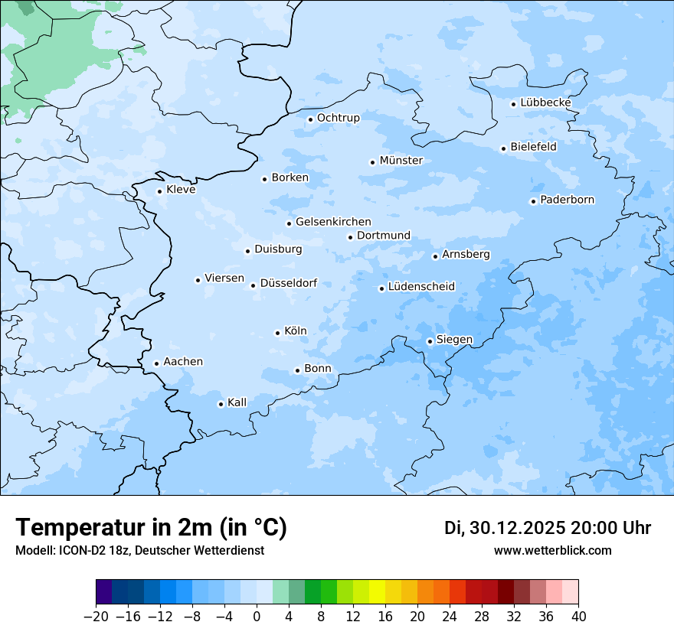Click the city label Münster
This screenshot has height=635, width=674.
point(401,161)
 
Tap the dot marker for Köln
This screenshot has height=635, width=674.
point(277,333)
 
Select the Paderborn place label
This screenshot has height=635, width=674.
point(567,200)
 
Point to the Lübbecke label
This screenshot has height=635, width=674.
point(545,103)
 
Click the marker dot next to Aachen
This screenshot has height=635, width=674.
point(156,363)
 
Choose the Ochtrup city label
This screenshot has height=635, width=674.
point(338,118)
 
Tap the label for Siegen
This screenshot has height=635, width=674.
point(454,340)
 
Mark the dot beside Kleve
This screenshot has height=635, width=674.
point(159,191)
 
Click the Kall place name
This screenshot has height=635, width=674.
point(237,402)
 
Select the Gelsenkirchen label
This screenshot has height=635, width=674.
point(333,222)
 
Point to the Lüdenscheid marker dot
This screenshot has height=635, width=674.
point(381,288)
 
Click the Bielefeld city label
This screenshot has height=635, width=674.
point(533,146)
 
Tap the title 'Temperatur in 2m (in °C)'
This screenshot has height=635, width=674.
point(151,528)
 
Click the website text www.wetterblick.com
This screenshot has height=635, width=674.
point(552,550)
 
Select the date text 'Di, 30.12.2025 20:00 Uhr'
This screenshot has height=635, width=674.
point(547,528)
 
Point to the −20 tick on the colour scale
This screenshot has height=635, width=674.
point(97,617)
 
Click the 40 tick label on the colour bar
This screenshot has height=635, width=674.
point(578,617)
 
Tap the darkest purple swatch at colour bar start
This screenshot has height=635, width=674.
point(104,592)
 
